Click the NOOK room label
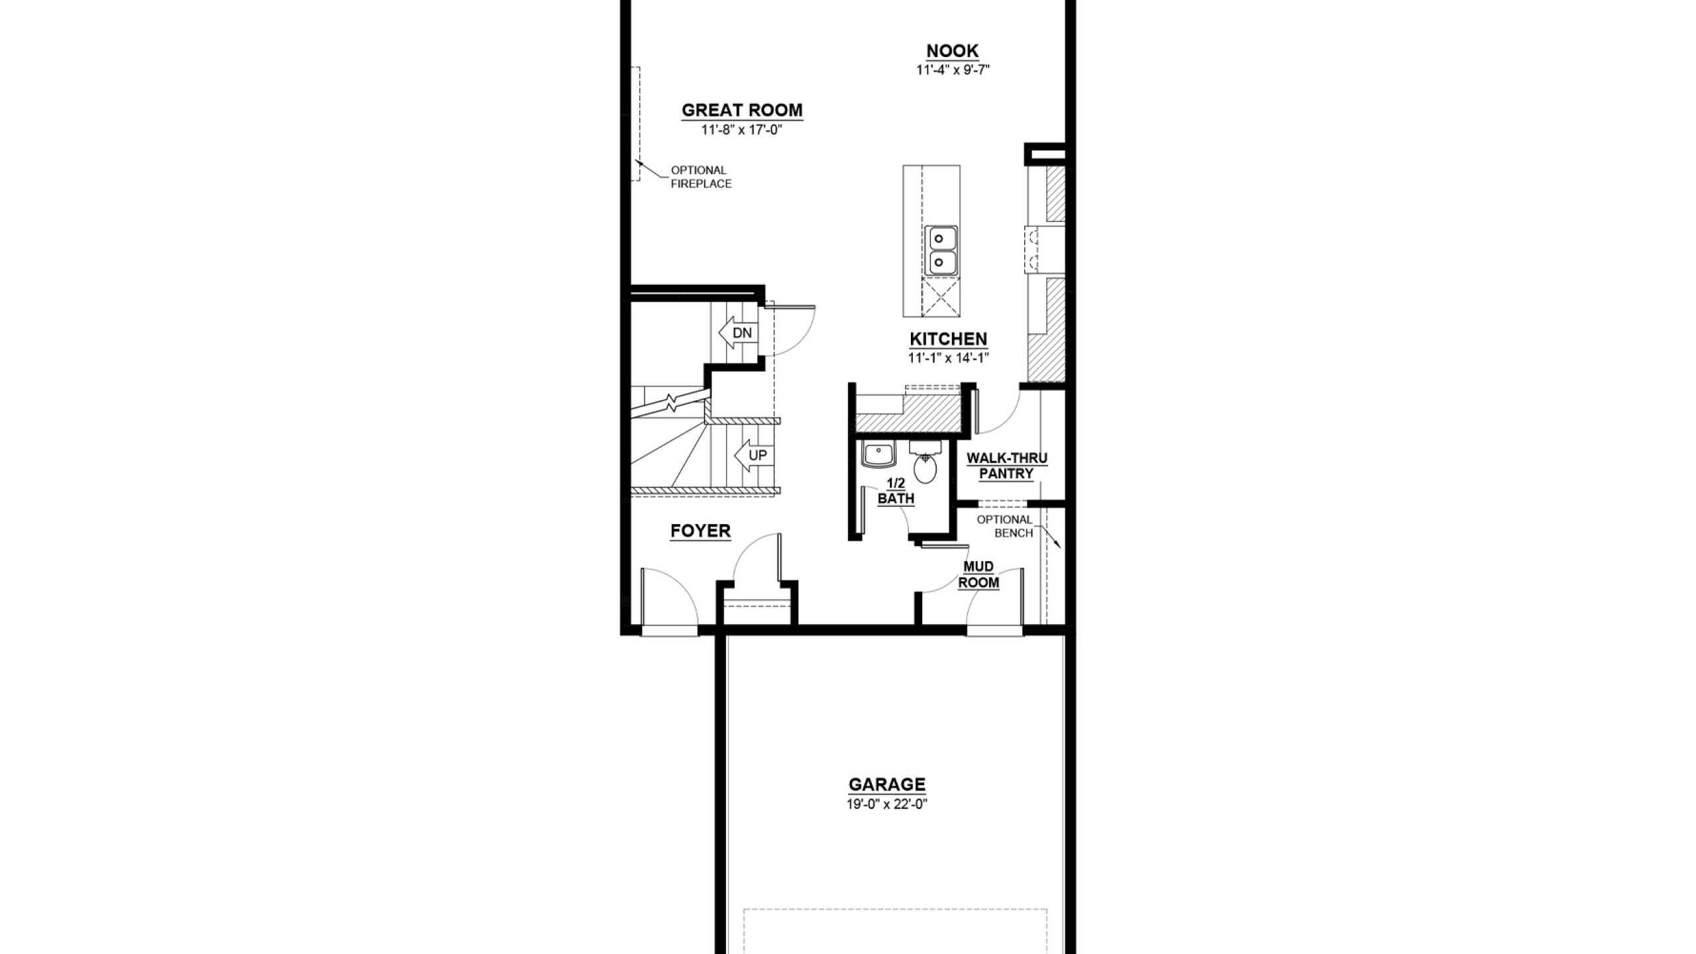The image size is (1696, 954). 952,51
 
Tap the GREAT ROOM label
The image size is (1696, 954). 742,110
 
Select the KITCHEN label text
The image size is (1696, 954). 948,339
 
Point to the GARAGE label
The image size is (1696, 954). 887,784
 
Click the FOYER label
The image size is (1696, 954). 700,531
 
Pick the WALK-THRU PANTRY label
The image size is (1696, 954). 1007,466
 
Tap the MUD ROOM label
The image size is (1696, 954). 979,574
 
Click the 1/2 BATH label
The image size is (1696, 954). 896,491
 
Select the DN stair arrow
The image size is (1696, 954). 738,333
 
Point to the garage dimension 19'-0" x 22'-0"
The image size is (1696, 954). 886,804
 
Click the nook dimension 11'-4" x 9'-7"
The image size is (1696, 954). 953,70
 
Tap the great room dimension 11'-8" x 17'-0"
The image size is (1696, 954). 742,130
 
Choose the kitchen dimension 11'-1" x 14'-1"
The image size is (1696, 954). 948,358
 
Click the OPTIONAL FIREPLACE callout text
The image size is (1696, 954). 701,177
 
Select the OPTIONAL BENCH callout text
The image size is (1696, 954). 1004,526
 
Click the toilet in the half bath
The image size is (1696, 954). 925,462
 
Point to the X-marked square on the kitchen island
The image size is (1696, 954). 941,297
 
